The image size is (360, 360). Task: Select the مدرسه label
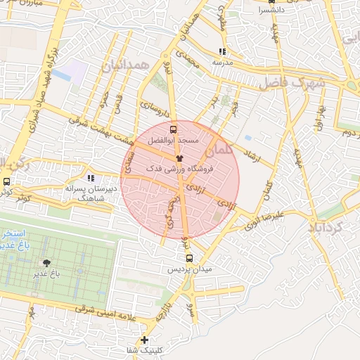[223, 61]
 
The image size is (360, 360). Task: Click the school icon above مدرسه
[223, 51]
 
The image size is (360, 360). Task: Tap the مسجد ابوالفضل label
[174, 141]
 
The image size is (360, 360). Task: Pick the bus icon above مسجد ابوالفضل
[174, 130]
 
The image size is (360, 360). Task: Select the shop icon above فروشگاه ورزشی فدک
[179, 159]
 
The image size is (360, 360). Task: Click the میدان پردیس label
[189, 269]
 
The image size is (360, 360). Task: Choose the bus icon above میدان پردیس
[188, 258]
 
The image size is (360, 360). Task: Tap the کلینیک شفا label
[144, 349]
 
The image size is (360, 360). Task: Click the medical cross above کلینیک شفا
[144, 340]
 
